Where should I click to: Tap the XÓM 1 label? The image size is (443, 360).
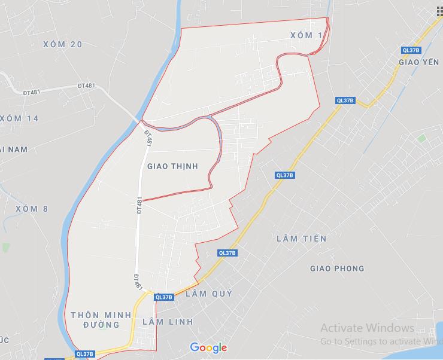tap(305, 35)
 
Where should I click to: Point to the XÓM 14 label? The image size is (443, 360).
tap(19, 118)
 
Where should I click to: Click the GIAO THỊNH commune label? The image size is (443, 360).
tap(172, 166)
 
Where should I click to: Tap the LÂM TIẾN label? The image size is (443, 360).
tap(302, 239)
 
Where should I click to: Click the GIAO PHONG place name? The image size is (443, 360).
tap(337, 269)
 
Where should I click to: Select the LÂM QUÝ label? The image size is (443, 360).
tap(209, 294)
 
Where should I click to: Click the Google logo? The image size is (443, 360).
tap(209, 347)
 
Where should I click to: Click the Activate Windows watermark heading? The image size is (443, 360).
tap(367, 328)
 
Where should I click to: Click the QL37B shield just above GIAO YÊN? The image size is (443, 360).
tap(411, 50)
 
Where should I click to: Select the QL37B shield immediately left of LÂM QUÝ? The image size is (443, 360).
tap(163, 297)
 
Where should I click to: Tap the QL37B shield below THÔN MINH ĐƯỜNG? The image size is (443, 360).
tap(86, 354)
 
